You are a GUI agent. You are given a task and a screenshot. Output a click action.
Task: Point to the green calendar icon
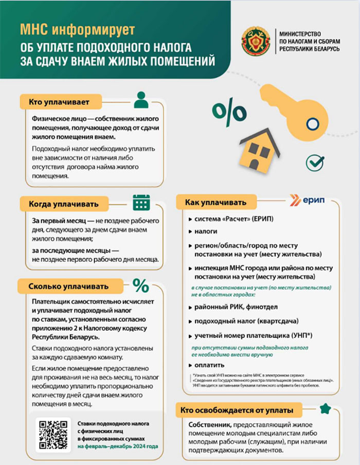pyautogui.click(x=140, y=203)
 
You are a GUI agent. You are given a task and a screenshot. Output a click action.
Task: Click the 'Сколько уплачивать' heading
pyautogui.click(x=69, y=286)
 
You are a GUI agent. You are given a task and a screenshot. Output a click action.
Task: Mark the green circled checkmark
pyautogui.click(x=314, y=163)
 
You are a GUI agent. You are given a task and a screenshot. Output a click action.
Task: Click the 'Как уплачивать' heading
pyautogui.click(x=215, y=203)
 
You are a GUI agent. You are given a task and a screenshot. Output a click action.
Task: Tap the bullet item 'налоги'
pyautogui.click(x=206, y=231)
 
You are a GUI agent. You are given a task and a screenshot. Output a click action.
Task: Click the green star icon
pyautogui.click(x=325, y=408)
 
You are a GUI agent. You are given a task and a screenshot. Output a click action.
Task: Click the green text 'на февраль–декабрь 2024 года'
pyautogui.click(x=118, y=447)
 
